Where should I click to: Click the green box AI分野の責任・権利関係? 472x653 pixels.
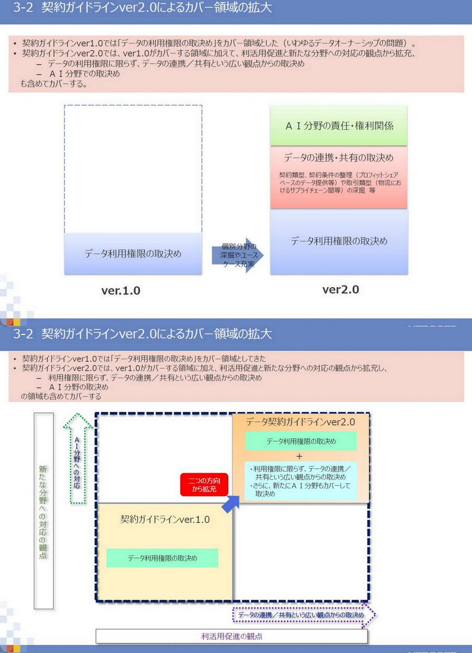pyautogui.click(x=339, y=126)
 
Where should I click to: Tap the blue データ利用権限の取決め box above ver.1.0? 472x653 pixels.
pyautogui.click(x=133, y=254)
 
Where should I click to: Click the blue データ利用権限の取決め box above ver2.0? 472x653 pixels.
pyautogui.click(x=339, y=241)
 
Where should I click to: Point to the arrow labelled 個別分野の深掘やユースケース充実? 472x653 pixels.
pyautogui.click(x=238, y=255)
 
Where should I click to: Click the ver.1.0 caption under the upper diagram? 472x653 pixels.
pyautogui.click(x=121, y=291)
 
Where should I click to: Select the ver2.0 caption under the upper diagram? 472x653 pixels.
pyautogui.click(x=341, y=289)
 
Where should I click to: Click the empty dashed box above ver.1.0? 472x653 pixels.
pyautogui.click(x=133, y=169)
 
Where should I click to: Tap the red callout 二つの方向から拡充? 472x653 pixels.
pyautogui.click(x=204, y=485)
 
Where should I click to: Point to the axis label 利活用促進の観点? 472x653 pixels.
pyautogui.click(x=232, y=636)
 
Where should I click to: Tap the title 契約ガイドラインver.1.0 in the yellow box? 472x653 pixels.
pyautogui.click(x=165, y=520)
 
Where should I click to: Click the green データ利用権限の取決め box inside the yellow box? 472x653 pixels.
pyautogui.click(x=162, y=558)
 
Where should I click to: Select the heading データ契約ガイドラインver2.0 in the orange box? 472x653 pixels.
pyautogui.click(x=301, y=422)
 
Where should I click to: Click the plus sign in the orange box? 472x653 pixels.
pyautogui.click(x=299, y=456)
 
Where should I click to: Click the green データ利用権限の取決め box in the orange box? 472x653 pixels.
pyautogui.click(x=301, y=441)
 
